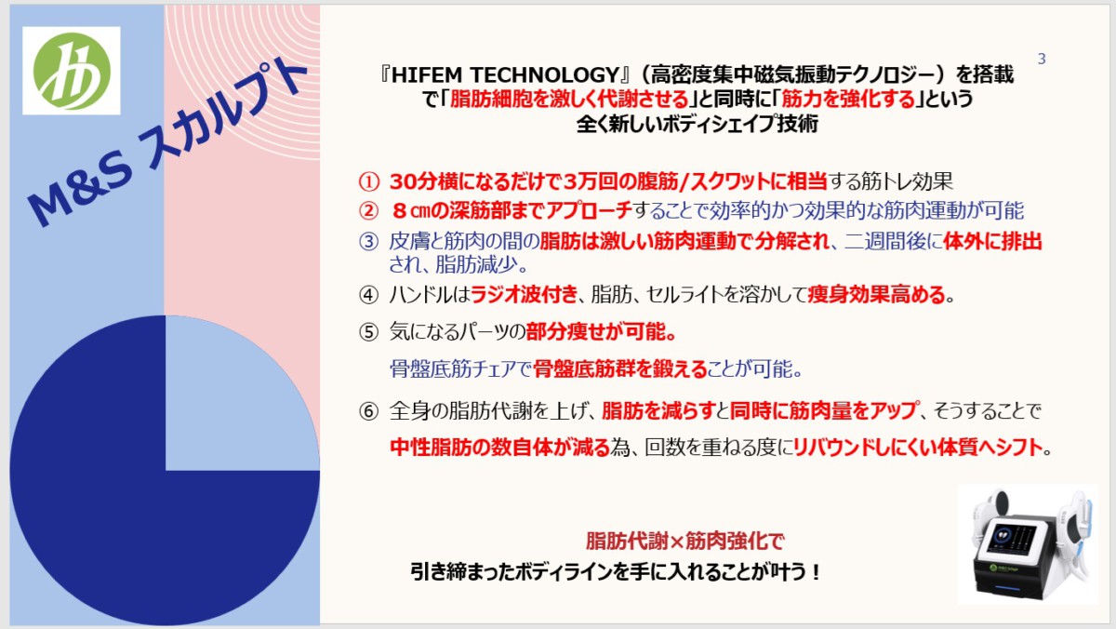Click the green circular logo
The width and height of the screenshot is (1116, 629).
click(x=72, y=71)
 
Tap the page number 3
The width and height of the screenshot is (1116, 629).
click(x=1042, y=59)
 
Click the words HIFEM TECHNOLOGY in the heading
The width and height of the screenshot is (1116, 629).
click(x=505, y=74)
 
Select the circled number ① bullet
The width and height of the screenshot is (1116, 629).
click(x=368, y=181)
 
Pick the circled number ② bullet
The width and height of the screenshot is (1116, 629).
click(x=368, y=211)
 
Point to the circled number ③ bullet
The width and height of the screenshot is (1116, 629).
click(x=368, y=241)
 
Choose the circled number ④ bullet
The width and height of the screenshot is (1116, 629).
click(x=368, y=295)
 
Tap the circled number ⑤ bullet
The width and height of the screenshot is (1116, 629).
click(x=368, y=332)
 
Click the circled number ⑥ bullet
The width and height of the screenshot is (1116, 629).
click(x=368, y=411)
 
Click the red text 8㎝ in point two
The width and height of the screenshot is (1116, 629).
click(x=411, y=211)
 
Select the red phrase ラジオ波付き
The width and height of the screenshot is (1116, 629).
click(x=524, y=294)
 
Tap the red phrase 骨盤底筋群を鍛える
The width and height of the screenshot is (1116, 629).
click(x=620, y=368)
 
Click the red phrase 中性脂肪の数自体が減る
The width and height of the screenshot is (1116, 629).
click(x=499, y=447)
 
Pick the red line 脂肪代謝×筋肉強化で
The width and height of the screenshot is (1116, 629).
click(x=684, y=541)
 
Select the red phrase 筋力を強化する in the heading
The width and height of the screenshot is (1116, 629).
click(x=848, y=100)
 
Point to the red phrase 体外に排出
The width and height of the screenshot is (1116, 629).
click(x=992, y=241)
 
